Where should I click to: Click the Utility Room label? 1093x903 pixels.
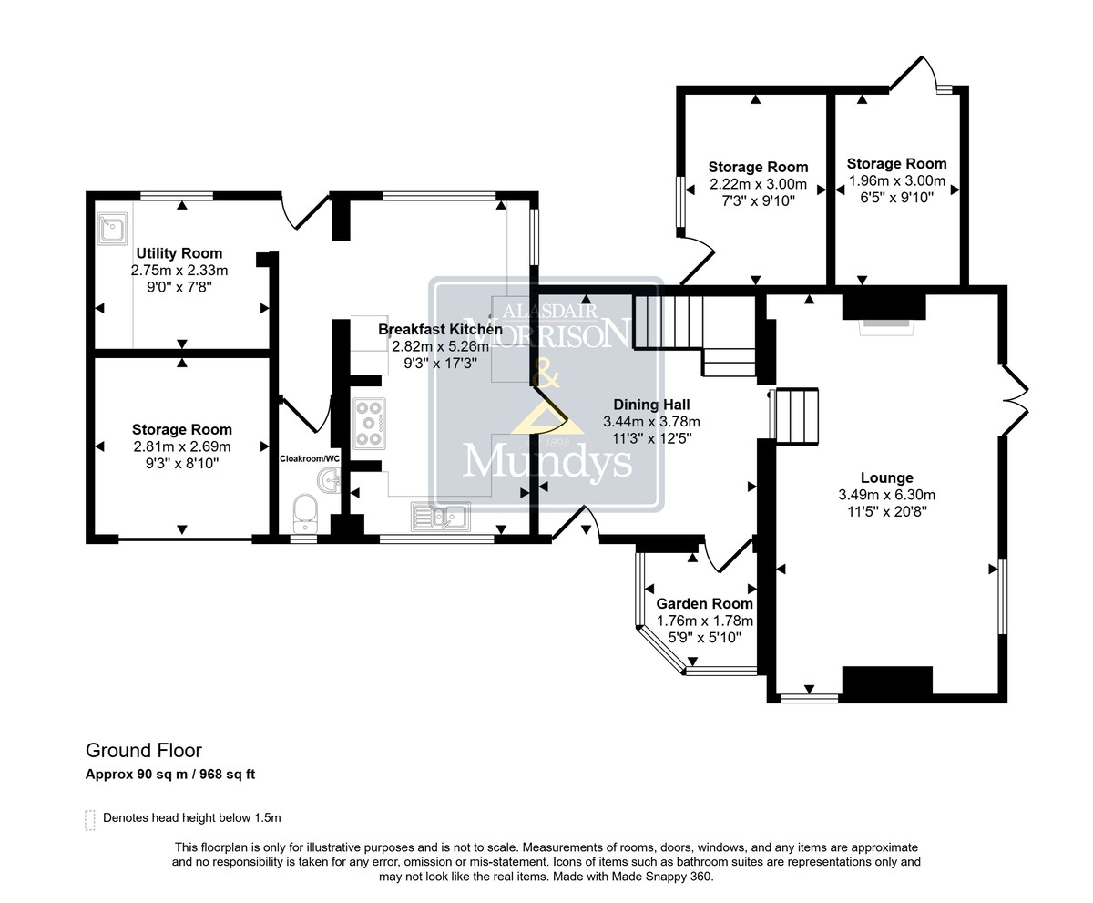pyautogui.click(x=179, y=253)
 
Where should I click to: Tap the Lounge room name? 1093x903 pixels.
pyautogui.click(x=887, y=477)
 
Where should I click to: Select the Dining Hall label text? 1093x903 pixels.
pyautogui.click(x=651, y=405)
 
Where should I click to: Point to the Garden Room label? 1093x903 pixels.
pyautogui.click(x=705, y=603)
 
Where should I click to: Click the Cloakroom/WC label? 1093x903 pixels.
pyautogui.click(x=310, y=459)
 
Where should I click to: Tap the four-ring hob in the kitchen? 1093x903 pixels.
pyautogui.click(x=369, y=424)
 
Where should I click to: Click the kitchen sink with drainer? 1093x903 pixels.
pyautogui.click(x=441, y=517)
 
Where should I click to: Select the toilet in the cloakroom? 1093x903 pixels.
pyautogui.click(x=305, y=513)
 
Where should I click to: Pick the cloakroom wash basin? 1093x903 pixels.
pyautogui.click(x=329, y=481)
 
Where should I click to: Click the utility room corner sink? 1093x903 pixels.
pyautogui.click(x=112, y=229)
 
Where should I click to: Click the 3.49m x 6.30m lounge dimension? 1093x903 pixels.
pyautogui.click(x=887, y=495)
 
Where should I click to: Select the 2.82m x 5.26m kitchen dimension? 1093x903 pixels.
pyautogui.click(x=440, y=346)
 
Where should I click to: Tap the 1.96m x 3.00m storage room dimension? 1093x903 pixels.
pyautogui.click(x=896, y=180)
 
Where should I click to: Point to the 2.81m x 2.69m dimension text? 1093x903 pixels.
pyautogui.click(x=181, y=446)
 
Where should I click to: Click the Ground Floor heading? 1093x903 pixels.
pyautogui.click(x=143, y=751)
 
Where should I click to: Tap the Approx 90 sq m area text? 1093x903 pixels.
pyautogui.click(x=136, y=775)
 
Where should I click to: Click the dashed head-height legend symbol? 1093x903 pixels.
pyautogui.click(x=90, y=820)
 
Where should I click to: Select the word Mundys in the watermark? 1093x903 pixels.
pyautogui.click(x=547, y=462)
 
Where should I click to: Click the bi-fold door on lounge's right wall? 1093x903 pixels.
pyautogui.click(x=1016, y=401)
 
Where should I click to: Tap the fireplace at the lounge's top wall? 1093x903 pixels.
pyautogui.click(x=884, y=314)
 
